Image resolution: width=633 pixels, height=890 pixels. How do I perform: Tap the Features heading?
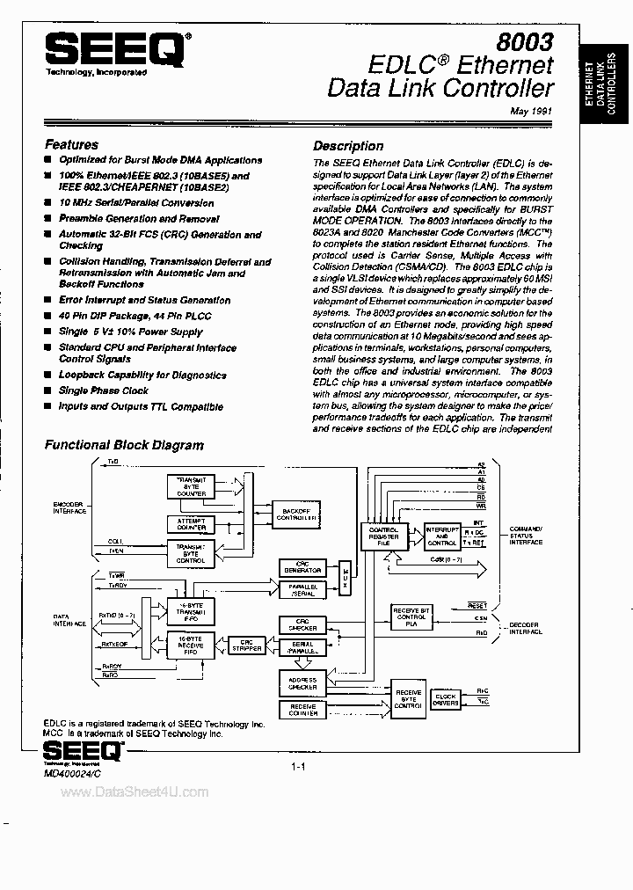click(71, 144)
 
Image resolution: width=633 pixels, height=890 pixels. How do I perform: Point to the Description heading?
click(348, 146)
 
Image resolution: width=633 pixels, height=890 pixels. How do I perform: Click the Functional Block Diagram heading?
click(124, 445)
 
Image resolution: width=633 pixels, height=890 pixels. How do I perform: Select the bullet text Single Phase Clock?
click(104, 390)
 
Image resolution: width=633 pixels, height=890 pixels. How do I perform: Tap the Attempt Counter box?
click(192, 524)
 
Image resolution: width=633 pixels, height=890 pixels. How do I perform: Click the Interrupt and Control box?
click(440, 536)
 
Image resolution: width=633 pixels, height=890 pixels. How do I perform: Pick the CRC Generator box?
click(302, 567)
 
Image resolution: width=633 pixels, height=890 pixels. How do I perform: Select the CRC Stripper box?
click(247, 646)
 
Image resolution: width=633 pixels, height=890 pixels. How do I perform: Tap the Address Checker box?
click(302, 682)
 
